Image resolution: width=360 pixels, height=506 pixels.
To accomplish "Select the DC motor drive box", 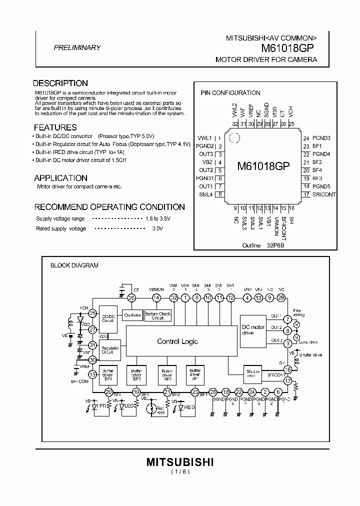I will coord(253,330).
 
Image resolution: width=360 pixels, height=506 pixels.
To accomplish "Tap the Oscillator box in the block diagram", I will coord(133,315).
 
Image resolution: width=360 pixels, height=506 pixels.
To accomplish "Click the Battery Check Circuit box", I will coord(158,315).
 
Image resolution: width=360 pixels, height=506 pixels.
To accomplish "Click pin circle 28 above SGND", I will coord(213,392).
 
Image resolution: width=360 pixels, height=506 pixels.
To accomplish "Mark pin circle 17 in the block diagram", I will coord(287,381).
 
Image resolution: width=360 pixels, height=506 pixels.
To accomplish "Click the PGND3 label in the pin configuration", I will coord(321,137).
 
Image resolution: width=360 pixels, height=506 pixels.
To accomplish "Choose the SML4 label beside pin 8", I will coord(206,195).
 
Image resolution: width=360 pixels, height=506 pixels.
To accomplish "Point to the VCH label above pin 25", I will coord(291,110).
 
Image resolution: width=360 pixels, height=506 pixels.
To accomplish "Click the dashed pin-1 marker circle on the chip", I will coord(232,135).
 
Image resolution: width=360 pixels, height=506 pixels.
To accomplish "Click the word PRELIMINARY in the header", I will coord(77,48).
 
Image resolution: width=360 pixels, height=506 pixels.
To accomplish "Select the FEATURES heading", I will coord(55,127).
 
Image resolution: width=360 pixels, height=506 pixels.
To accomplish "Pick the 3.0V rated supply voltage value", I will coord(157,228).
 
